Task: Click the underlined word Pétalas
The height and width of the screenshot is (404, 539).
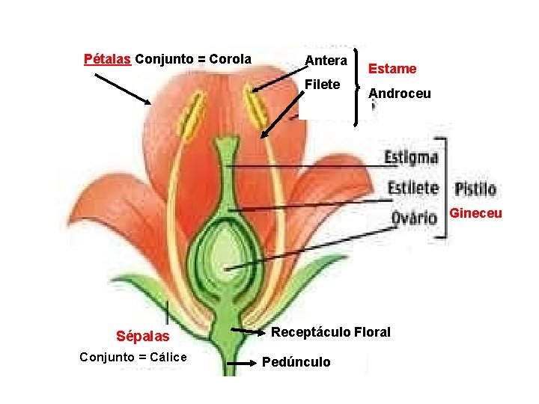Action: coord(108,58)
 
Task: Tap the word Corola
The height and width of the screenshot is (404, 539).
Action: coord(230,58)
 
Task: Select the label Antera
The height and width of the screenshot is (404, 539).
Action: coord(326,60)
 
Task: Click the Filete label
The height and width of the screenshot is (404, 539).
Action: coord(323,84)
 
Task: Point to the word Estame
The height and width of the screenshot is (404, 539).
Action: coord(392,69)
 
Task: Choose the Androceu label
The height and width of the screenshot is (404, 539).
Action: coord(400,94)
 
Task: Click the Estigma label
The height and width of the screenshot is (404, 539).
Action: coord(411,158)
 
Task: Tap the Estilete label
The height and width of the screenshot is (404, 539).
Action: coord(411,187)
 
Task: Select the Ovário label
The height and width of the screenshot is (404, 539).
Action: coord(414,217)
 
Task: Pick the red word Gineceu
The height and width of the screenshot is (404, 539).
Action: coord(475,214)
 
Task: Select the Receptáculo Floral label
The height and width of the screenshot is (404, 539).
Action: coord(330,331)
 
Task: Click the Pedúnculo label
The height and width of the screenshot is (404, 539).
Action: coord(296,362)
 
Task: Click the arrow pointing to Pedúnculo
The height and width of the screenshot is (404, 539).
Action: coord(241,363)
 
